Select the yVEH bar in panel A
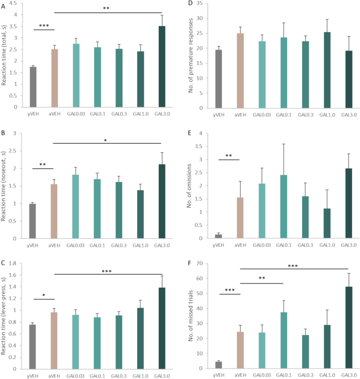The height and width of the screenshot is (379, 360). point(33,87)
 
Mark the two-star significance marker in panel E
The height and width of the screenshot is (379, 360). point(229,155)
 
